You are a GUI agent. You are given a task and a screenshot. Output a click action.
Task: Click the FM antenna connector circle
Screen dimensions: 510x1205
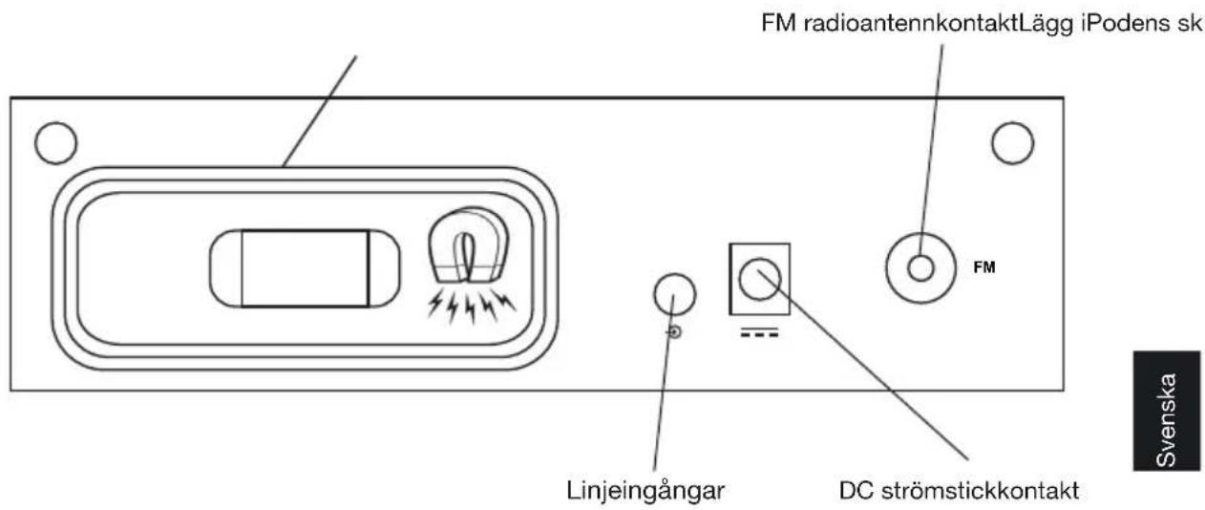tap(920, 268)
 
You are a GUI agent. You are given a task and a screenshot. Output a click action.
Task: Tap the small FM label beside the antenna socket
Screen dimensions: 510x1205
tap(983, 268)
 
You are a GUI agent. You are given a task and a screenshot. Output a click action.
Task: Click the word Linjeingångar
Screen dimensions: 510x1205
tap(647, 492)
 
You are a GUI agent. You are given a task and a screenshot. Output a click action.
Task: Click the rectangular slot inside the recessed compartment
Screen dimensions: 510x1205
tap(305, 268)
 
